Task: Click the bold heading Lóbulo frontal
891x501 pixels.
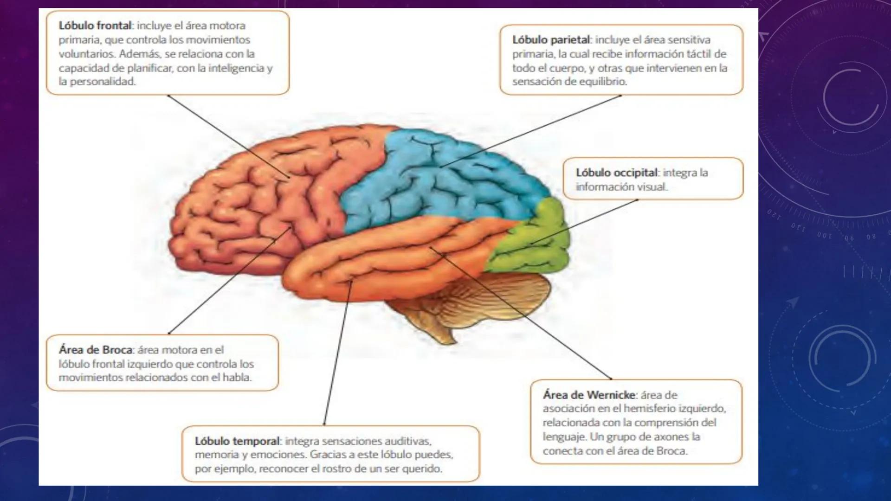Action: pyautogui.click(x=95, y=26)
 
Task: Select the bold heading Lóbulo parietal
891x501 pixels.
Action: pyautogui.click(x=551, y=40)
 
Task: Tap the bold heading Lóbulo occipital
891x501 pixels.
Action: pyautogui.click(x=617, y=173)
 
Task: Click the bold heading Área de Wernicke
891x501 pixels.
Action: pyautogui.click(x=589, y=395)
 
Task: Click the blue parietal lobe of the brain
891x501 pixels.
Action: pyautogui.click(x=441, y=181)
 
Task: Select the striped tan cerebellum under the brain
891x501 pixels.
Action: pyautogui.click(x=501, y=297)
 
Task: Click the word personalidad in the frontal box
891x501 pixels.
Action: pyautogui.click(x=103, y=82)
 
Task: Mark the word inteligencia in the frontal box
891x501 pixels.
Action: pyautogui.click(x=237, y=68)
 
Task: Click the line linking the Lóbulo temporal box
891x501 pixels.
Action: pyautogui.click(x=337, y=353)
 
